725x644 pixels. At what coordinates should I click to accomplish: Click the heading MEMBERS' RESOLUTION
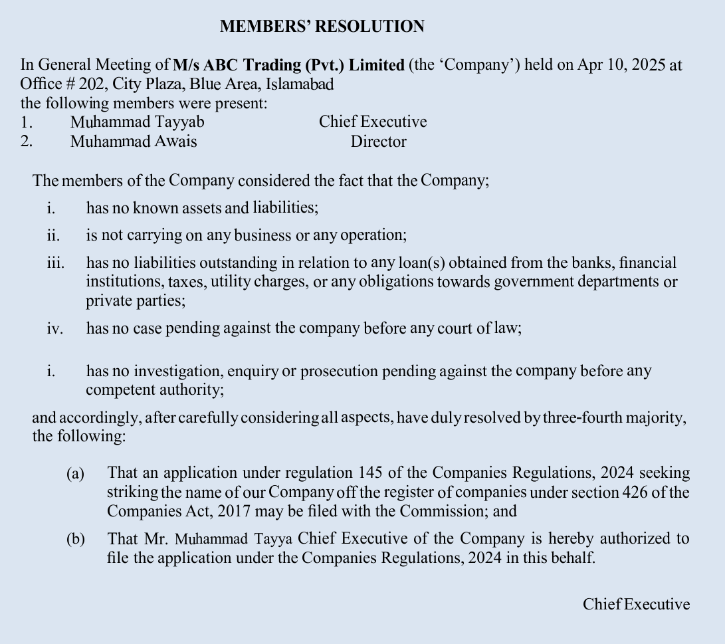(x=322, y=27)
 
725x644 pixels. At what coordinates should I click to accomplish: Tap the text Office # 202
(x=61, y=84)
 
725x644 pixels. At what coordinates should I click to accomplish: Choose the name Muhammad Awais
(x=134, y=142)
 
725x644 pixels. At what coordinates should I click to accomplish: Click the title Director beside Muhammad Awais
(x=378, y=142)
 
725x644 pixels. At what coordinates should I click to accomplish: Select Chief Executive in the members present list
(x=373, y=122)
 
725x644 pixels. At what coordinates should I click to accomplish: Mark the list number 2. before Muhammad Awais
(x=26, y=142)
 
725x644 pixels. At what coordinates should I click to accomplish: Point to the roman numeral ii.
(x=53, y=235)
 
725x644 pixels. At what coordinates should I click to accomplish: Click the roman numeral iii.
(x=56, y=263)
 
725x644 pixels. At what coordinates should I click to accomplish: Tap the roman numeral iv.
(x=54, y=329)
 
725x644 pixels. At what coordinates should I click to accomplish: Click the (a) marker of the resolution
(x=75, y=474)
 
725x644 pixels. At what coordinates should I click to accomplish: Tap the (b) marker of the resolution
(x=75, y=539)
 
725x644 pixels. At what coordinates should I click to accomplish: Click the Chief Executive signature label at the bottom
(x=636, y=604)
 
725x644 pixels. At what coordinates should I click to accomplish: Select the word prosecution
(x=339, y=371)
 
